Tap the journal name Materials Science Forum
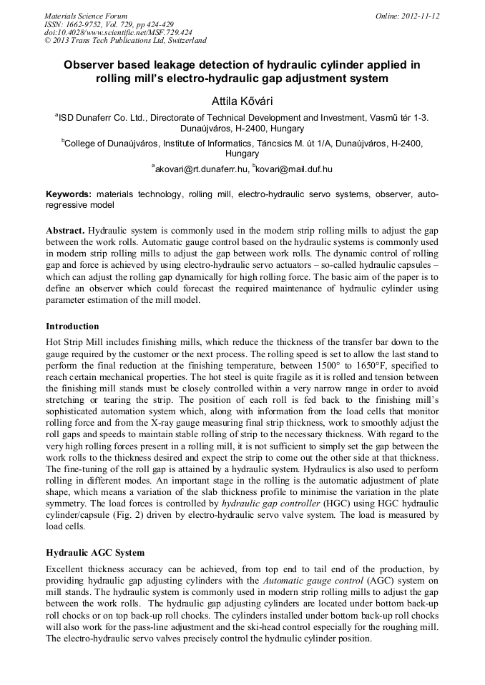[x=86, y=16]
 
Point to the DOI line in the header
[x=118, y=32]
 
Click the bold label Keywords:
[x=69, y=194]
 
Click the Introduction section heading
[x=72, y=326]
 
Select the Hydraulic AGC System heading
[x=95, y=553]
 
